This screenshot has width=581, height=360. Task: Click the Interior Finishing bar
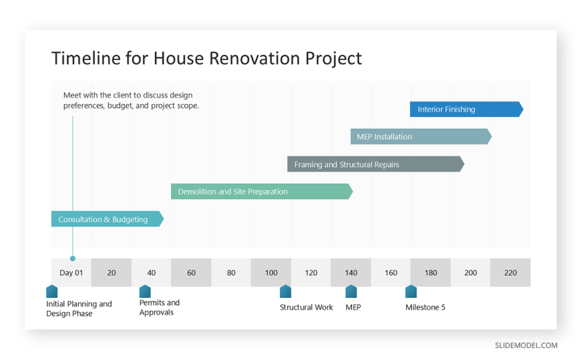click(x=467, y=110)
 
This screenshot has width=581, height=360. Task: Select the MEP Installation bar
click(x=421, y=136)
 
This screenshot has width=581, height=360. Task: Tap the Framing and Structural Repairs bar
click(x=376, y=164)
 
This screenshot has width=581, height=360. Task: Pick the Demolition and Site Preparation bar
click(x=262, y=191)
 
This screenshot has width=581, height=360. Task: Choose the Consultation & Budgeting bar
click(x=108, y=219)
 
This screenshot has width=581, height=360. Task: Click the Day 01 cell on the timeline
click(x=71, y=273)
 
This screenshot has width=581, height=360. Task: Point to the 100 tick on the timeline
click(x=271, y=273)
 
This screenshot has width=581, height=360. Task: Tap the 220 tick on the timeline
click(x=510, y=273)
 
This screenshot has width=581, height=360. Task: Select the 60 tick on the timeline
click(x=191, y=273)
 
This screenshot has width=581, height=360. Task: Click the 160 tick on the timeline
click(x=391, y=273)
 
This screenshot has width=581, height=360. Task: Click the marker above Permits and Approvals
click(x=145, y=291)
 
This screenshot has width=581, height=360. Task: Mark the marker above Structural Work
click(x=285, y=291)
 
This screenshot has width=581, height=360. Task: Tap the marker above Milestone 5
click(x=411, y=291)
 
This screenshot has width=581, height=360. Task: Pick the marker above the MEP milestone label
click(x=351, y=291)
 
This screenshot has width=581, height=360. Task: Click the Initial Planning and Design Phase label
click(x=79, y=309)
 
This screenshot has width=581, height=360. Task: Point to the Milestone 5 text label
click(x=425, y=307)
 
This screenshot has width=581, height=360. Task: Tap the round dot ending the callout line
click(x=73, y=258)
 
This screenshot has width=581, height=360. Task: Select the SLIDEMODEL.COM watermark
click(x=526, y=345)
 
